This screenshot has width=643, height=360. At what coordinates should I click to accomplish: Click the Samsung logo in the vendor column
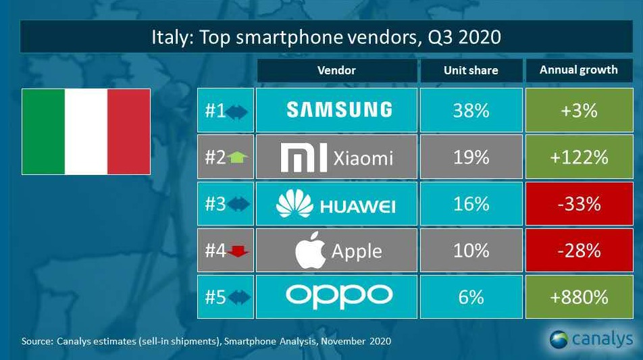[x=338, y=109]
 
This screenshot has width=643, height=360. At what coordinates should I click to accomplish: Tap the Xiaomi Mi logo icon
[x=303, y=157]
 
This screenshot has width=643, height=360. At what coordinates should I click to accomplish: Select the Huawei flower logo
[x=295, y=204]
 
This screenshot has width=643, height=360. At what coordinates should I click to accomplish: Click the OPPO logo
[x=338, y=296]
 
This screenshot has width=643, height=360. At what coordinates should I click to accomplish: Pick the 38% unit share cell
[x=471, y=109]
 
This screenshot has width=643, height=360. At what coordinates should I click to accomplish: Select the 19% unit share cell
[x=471, y=157]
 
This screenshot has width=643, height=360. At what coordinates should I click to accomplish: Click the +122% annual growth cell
[x=579, y=157]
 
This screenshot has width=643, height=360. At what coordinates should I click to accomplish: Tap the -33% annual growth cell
[x=579, y=203]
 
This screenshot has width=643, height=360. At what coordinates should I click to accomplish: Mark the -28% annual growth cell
[x=579, y=250]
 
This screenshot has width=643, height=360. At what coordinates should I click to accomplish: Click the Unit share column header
[x=471, y=70]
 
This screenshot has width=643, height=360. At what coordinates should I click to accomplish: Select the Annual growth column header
[x=579, y=70]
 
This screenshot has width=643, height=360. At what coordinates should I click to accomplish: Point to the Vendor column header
[x=336, y=70]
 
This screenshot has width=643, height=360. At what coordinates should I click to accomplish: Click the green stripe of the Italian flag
[x=43, y=132]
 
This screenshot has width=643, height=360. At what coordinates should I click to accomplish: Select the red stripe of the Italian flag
[x=129, y=132]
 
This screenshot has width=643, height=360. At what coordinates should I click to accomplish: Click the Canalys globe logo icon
[x=558, y=338]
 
